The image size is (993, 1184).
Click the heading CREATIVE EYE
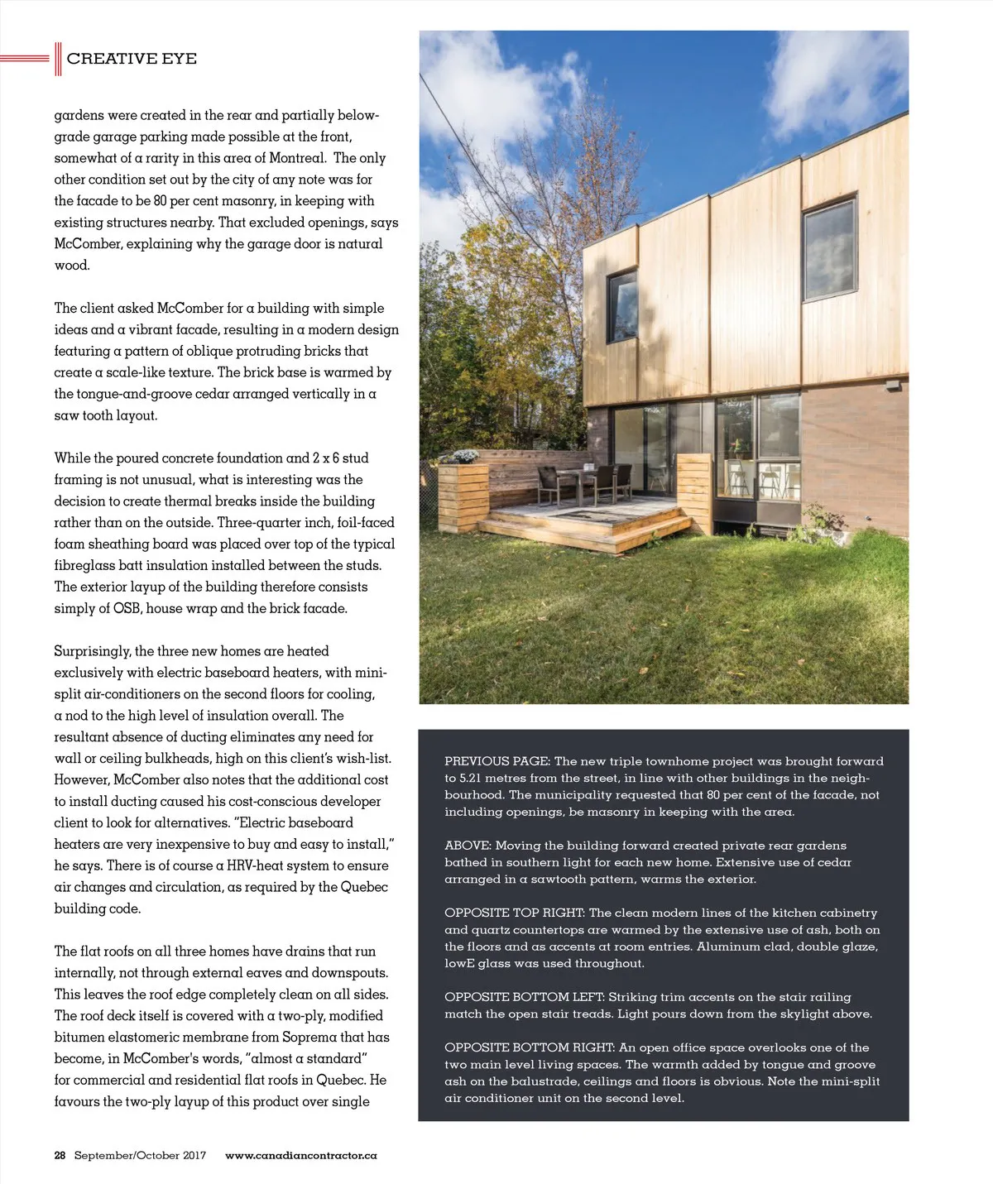click(132, 59)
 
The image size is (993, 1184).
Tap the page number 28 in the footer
click(60, 1155)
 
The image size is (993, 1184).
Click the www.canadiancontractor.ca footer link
click(300, 1155)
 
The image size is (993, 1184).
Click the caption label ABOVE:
click(468, 846)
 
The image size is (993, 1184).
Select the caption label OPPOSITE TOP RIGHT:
click(515, 913)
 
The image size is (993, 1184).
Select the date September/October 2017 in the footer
click(140, 1155)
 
